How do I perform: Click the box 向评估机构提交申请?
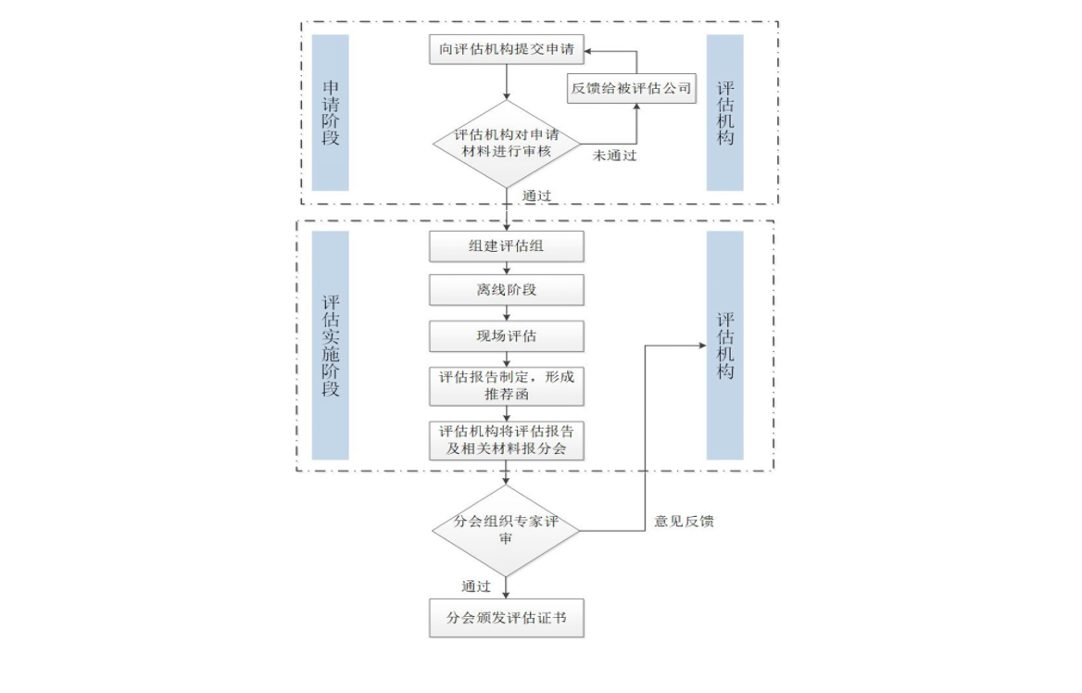tap(507, 49)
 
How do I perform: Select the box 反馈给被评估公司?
tap(631, 88)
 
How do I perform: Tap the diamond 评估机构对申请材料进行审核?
tap(507, 143)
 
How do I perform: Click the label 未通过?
tap(615, 156)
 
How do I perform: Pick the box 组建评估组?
tap(507, 246)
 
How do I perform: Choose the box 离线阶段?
tap(507, 290)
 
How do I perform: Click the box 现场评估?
tap(507, 336)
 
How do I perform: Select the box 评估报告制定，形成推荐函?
tap(507, 385)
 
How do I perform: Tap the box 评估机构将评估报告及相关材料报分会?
tap(507, 440)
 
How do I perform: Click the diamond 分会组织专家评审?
tap(507, 530)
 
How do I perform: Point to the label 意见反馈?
tap(684, 522)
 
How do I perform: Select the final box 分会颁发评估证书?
tap(507, 618)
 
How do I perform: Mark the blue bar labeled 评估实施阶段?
tap(331, 346)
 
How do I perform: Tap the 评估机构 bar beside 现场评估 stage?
tap(724, 346)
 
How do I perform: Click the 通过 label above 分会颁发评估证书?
tap(476, 586)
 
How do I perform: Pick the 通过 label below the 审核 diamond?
tap(536, 195)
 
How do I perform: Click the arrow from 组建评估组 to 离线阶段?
tap(507, 269)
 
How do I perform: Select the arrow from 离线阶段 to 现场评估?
tap(507, 313)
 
